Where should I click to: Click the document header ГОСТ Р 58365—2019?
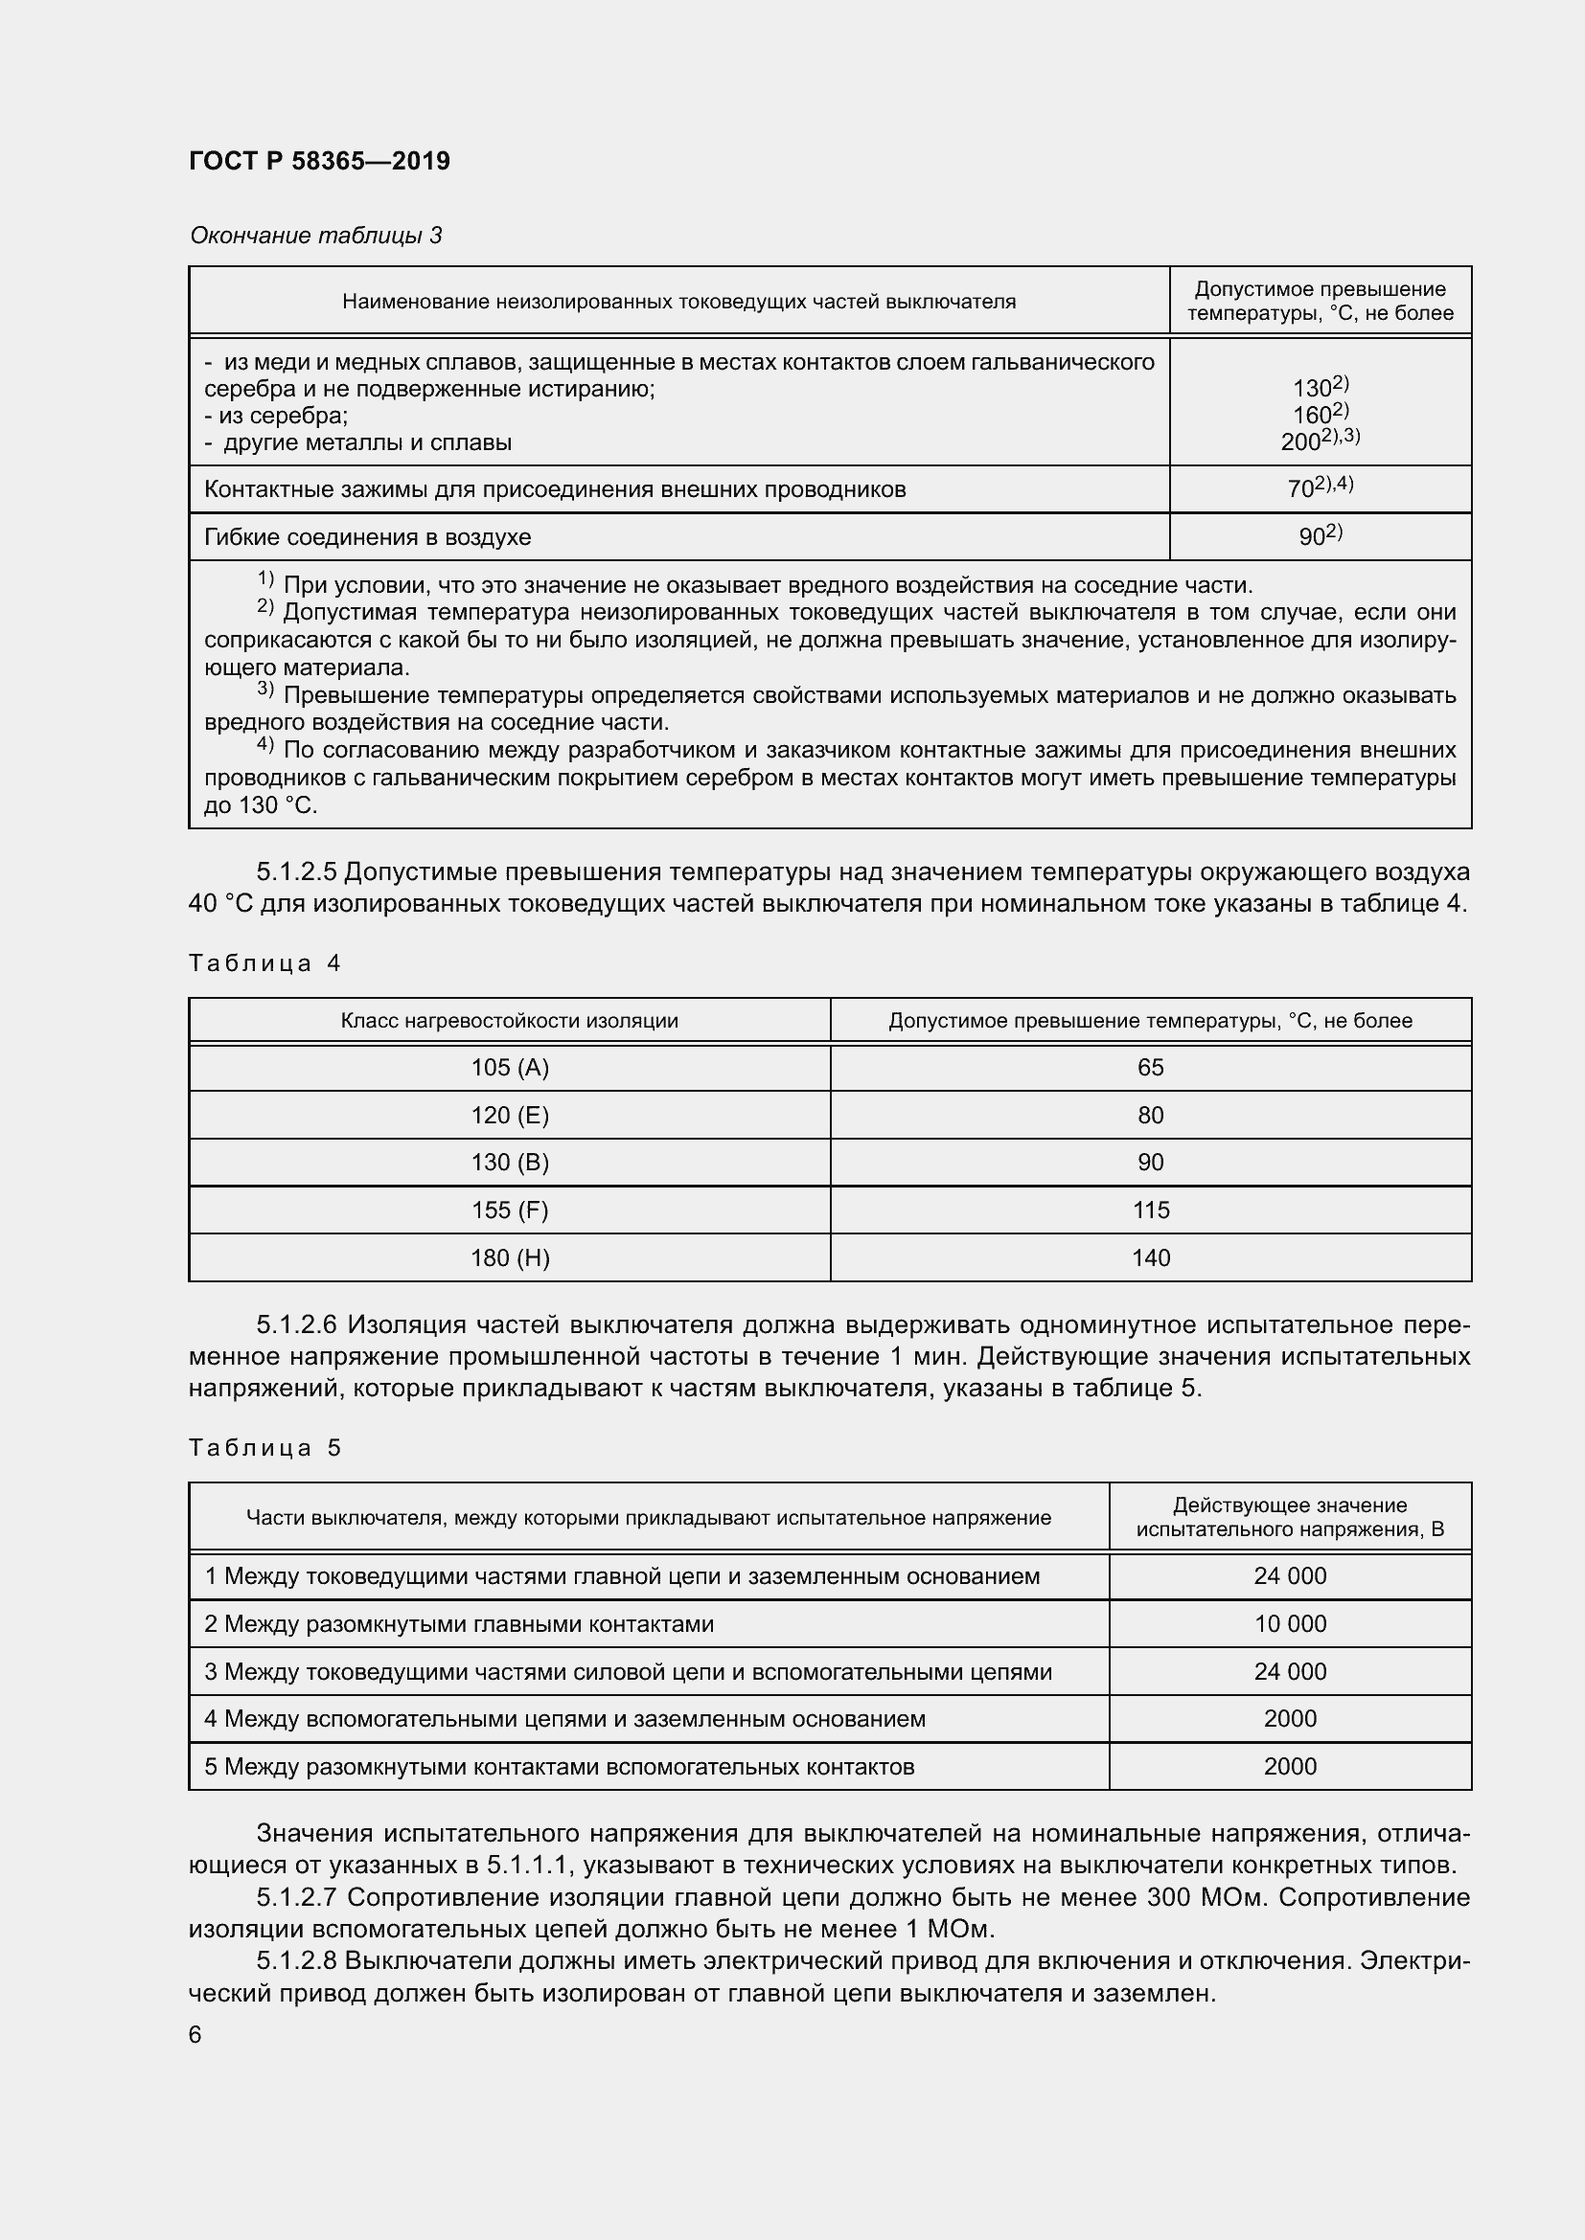(x=319, y=161)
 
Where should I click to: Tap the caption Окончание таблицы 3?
(x=315, y=236)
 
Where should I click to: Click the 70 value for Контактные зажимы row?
(x=1301, y=488)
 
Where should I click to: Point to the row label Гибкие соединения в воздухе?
(x=367, y=536)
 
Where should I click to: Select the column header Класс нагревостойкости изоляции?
(x=509, y=1021)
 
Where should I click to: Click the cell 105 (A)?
(x=510, y=1067)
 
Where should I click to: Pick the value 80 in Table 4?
(x=1150, y=1115)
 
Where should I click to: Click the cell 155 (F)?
(x=510, y=1210)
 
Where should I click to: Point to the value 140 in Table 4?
(x=1150, y=1257)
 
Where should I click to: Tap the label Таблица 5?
(x=264, y=1447)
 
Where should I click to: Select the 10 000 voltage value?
(x=1289, y=1623)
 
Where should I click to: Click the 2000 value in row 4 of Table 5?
(x=1289, y=1718)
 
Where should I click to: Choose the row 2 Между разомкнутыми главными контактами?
(x=459, y=1623)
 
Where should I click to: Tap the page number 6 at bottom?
(x=195, y=2034)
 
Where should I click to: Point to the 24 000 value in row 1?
(x=1289, y=1575)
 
